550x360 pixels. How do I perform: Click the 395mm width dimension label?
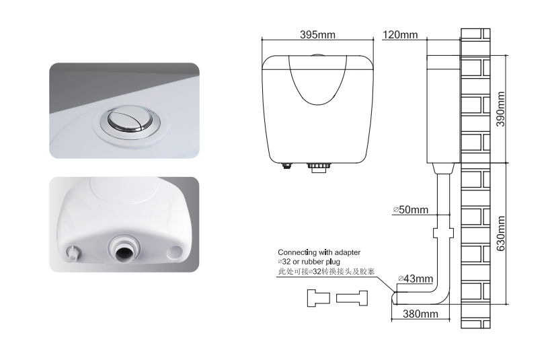click(x=317, y=35)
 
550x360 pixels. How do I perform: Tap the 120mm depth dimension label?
click(x=400, y=35)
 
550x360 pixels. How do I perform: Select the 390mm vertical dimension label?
click(x=500, y=109)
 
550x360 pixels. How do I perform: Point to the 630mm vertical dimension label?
click(x=500, y=233)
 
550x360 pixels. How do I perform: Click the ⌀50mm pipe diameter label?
click(x=411, y=209)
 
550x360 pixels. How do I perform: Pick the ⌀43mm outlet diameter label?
click(x=416, y=279)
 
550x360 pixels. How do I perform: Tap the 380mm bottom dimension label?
click(x=420, y=314)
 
